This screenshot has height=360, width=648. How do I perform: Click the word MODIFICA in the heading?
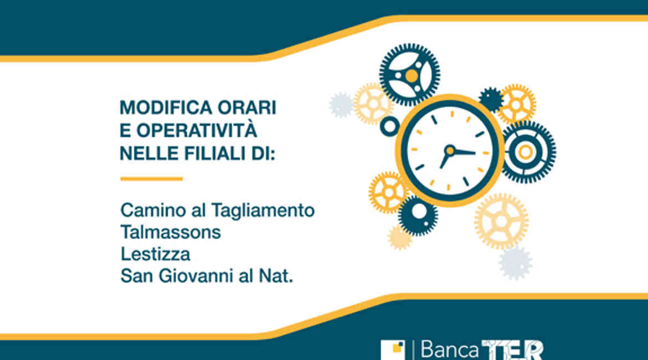166,108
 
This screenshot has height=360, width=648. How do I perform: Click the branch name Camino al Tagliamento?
217,210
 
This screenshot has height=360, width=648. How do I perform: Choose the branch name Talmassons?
171,232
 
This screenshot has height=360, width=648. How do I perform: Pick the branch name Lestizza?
156,254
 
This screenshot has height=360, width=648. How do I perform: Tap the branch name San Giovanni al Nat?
207,276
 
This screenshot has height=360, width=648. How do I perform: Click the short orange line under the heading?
152,179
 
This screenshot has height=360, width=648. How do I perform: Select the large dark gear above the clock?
409,75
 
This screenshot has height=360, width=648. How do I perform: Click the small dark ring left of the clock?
390,126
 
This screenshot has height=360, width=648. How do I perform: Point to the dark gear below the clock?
418,215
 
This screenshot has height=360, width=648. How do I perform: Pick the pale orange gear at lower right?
501,222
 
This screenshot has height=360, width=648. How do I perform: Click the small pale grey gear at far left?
341,105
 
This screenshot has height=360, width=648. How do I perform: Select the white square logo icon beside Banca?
393,350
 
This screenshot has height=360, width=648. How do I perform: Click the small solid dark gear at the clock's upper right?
491,100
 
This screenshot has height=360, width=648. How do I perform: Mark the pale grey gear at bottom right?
515,263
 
